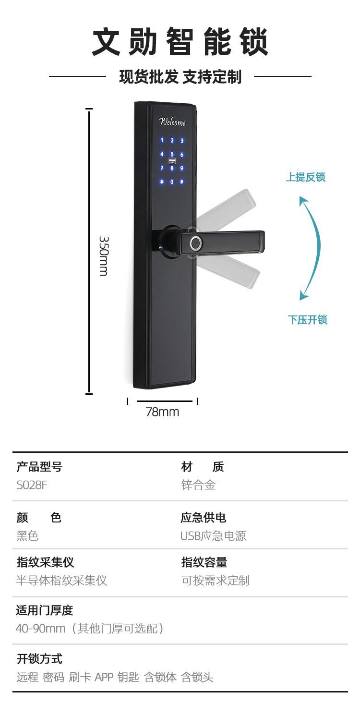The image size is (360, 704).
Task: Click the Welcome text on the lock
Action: point(172,121)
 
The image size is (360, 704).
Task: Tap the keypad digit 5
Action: point(172,155)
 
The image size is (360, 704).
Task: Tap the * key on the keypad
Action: point(162,182)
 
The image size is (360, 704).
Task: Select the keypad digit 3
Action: point(182,141)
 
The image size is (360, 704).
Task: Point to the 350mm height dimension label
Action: point(103,255)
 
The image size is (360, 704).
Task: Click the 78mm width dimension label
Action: point(162,412)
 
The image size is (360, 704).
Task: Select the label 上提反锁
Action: point(306,177)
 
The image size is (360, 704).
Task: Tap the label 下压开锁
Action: point(307,320)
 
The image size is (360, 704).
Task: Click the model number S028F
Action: point(32,485)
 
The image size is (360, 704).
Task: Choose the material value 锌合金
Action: point(198,485)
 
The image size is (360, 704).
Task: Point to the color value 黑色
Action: point(27,535)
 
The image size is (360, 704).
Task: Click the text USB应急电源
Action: point(214,535)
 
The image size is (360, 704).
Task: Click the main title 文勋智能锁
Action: point(180,42)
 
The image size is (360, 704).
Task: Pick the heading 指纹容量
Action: point(204,562)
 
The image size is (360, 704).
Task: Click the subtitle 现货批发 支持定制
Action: point(180,76)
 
